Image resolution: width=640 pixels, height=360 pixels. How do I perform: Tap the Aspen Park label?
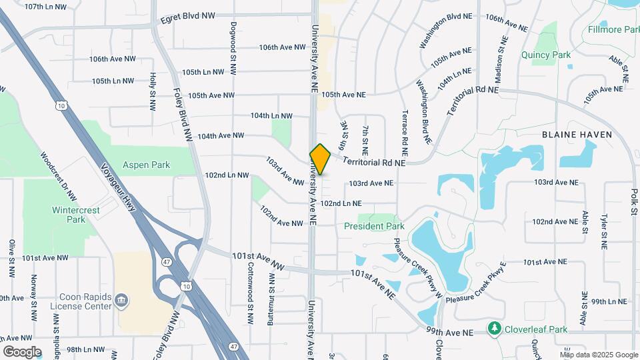(x=146, y=165)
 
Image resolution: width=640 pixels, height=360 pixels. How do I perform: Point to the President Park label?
(x=374, y=226)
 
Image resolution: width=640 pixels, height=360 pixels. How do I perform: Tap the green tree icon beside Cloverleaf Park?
(x=494, y=328)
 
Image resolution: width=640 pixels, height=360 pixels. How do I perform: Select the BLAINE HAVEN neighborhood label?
(x=577, y=134)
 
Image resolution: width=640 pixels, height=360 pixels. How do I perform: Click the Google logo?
(x=22, y=351)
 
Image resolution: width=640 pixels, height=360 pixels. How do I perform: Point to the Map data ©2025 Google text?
(x=598, y=354)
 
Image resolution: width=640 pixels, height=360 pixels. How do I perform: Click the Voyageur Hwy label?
(x=118, y=188)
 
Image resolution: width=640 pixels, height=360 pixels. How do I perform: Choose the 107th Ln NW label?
(x=45, y=7)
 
